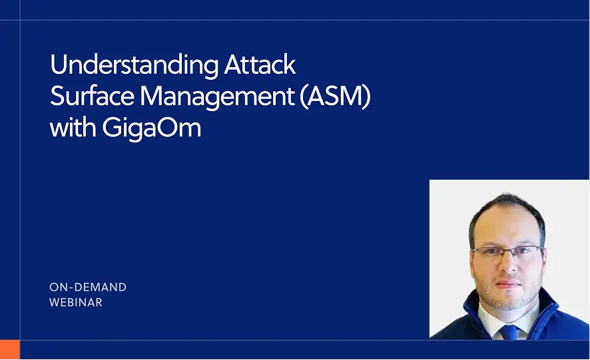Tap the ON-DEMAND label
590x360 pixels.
(88, 287)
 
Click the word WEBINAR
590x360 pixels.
(76, 303)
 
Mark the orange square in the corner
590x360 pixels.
(10, 349)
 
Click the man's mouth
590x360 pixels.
(509, 283)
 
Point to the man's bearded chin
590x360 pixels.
(510, 299)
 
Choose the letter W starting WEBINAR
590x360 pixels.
(54, 303)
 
